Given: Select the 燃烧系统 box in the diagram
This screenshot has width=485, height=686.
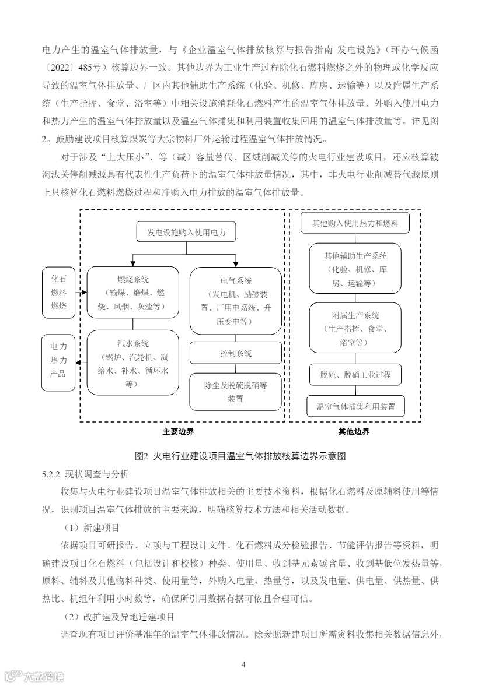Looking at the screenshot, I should pos(132,292).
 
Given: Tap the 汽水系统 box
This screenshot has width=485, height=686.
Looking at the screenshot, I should pos(132,362).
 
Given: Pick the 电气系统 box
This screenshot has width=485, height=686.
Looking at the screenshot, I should pos(236,301).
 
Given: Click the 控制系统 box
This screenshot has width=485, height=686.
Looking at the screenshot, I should pos(236,353).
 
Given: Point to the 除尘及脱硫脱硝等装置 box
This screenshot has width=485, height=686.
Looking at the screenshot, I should pos(236,392).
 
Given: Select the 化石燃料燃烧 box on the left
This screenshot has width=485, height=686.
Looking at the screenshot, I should pos(59,292).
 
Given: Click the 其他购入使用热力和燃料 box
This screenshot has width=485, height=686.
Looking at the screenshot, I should pos(355,223).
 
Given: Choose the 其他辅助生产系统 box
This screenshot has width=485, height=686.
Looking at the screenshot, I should pos(355,269).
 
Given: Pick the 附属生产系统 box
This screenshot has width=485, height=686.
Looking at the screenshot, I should pos(355,328).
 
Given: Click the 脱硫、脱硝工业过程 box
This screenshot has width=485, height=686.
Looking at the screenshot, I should pos(355,374).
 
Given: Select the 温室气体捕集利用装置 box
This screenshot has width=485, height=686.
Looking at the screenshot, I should pos(355,406).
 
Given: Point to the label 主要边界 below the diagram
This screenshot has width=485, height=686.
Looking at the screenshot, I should pos(178,432).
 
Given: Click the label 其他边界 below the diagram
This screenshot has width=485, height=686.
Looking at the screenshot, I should pos(354,432).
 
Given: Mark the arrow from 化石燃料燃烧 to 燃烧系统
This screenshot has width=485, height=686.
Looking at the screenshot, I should pos(81,293).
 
